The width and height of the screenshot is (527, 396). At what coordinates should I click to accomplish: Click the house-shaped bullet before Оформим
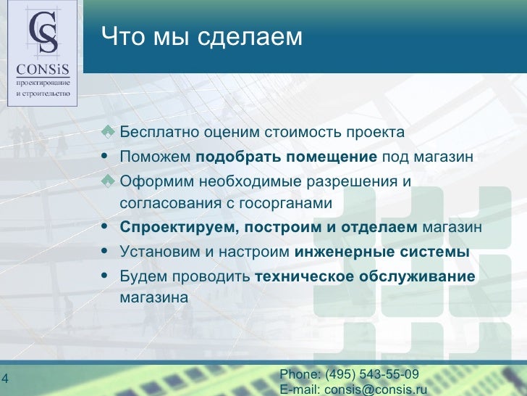[108, 181]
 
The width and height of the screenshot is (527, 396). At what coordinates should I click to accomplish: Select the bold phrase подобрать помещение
[287, 157]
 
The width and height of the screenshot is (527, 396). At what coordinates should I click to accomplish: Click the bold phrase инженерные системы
[382, 252]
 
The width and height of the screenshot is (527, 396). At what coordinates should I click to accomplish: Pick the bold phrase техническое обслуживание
[365, 276]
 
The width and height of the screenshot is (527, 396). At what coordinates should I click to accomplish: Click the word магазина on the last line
[153, 297]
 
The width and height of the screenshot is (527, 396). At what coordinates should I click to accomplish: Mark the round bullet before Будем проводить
[107, 276]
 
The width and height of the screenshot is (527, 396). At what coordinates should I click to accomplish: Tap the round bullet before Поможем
[107, 157]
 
